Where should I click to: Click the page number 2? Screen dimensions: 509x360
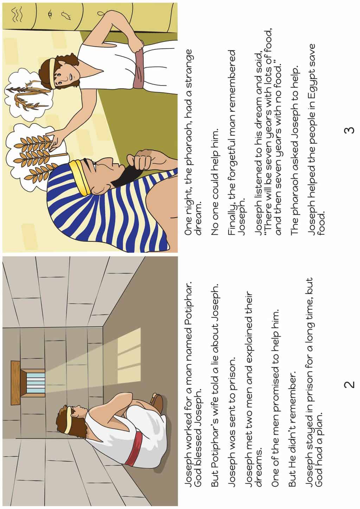click(x=349, y=384)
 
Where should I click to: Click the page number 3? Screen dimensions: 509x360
click(x=349, y=130)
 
